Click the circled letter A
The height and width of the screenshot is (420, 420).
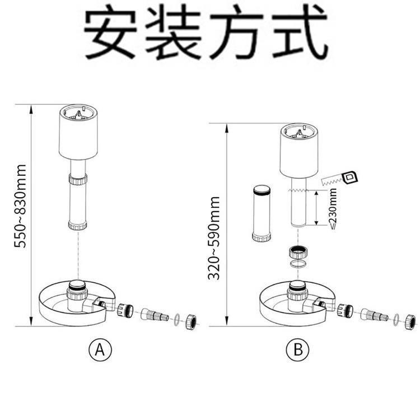(100, 351)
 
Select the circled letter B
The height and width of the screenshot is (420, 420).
(297, 351)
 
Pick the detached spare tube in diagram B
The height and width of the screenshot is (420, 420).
(262, 213)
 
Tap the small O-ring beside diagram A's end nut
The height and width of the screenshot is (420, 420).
(177, 319)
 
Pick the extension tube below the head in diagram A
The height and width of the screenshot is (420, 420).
(78, 202)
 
